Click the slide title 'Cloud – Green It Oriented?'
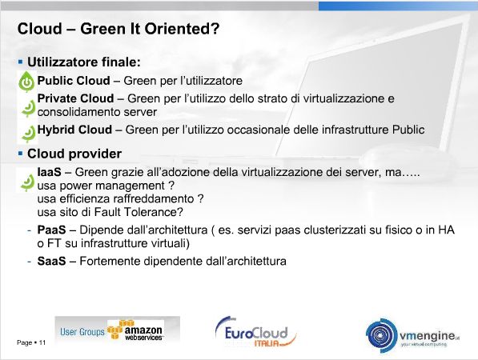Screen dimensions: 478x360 coord(118,29)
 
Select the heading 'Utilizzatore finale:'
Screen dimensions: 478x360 coord(84,62)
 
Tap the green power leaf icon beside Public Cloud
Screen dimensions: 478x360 coord(27,82)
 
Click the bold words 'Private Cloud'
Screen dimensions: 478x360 coord(75,98)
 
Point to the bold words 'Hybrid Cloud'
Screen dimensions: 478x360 coord(74,130)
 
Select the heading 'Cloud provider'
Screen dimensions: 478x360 coord(74,154)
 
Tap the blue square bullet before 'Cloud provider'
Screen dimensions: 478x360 coord(21,154)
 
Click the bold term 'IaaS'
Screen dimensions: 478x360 coord(49,172)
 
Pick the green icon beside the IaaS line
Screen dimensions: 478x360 coord(28,182)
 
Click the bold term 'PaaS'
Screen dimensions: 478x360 coord(51,230)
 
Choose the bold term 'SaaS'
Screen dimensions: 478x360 coord(51,262)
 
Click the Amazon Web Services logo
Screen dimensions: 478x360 coord(136,330)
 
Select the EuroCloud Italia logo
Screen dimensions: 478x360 coord(255,333)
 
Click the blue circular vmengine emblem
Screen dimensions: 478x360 coord(382,336)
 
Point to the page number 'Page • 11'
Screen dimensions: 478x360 coord(31,342)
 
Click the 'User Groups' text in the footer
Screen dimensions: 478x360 coord(82,332)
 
